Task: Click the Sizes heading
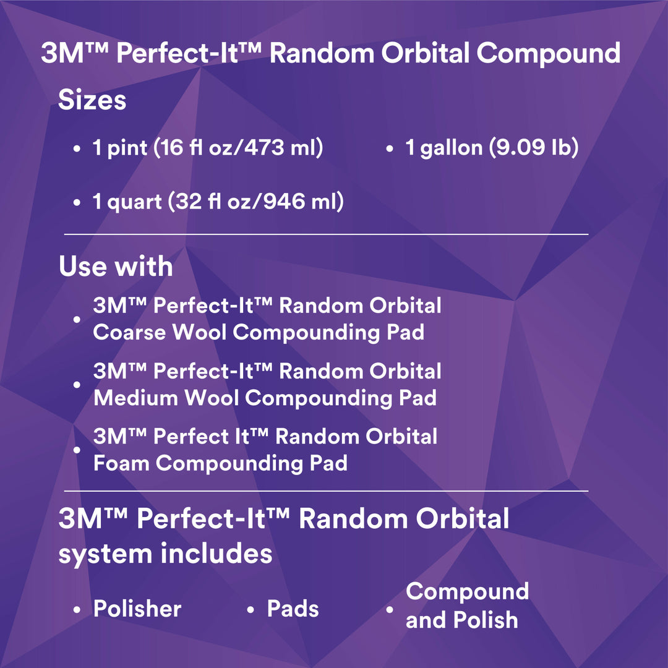pyautogui.click(x=92, y=100)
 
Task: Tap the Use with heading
pyautogui.click(x=116, y=267)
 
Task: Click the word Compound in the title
pyautogui.click(x=548, y=53)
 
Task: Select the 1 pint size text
pyautogui.click(x=208, y=148)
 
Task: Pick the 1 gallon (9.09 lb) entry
pyautogui.click(x=492, y=148)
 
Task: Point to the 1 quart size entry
pyautogui.click(x=218, y=202)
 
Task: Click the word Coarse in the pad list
pyautogui.click(x=131, y=332)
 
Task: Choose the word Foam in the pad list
pyautogui.click(x=121, y=463)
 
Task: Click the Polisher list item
pyautogui.click(x=137, y=609)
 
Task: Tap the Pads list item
pyautogui.click(x=293, y=609)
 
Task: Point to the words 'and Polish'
pyautogui.click(x=461, y=620)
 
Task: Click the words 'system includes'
pyautogui.click(x=165, y=553)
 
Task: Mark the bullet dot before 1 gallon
pyautogui.click(x=390, y=150)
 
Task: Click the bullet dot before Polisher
pyautogui.click(x=77, y=610)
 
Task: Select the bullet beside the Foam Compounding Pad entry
pyautogui.click(x=77, y=450)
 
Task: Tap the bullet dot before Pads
pyautogui.click(x=250, y=610)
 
